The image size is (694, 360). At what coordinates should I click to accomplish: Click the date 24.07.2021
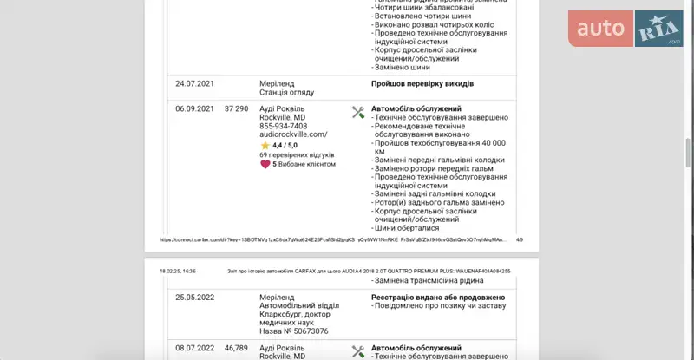(193, 84)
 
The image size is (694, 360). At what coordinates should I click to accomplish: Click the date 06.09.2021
(193, 108)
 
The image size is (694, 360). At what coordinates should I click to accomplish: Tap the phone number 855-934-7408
(283, 126)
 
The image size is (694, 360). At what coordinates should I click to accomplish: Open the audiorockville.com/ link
(293, 134)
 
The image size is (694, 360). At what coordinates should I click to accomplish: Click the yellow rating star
(265, 146)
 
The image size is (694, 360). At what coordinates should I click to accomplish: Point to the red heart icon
(265, 163)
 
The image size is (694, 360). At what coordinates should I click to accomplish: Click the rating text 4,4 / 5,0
(285, 146)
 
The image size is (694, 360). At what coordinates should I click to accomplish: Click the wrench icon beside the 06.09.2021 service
(357, 111)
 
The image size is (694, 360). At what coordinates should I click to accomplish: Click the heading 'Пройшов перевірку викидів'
(422, 84)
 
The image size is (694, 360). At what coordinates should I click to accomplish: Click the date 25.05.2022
(193, 297)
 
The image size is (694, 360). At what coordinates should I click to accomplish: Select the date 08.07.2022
(193, 348)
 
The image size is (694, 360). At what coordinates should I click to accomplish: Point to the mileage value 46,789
(236, 348)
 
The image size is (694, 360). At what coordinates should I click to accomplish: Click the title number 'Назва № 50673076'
(293, 331)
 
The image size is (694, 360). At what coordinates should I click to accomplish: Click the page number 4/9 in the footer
(519, 239)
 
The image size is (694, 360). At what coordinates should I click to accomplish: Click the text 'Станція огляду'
(286, 92)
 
